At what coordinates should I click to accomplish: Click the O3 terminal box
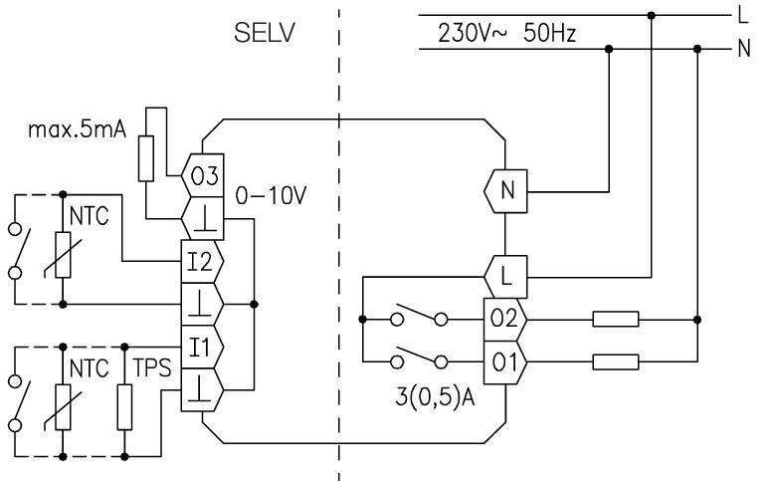coord(203,175)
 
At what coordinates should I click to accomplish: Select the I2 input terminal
coord(202,262)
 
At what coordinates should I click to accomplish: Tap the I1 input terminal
coord(202,348)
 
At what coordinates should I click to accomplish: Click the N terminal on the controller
coord(505,191)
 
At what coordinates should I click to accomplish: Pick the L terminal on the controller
coord(505,277)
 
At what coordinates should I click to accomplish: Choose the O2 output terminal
coord(505,320)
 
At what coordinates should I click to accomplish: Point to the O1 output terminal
coord(505,362)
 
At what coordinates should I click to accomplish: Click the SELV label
coord(265,33)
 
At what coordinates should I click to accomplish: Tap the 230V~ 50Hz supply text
coord(506,33)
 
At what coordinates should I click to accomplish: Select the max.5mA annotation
coord(78,129)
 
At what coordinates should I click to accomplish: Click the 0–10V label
coord(271,196)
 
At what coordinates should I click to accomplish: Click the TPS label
coord(152,368)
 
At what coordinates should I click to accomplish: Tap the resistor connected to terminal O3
coord(146,158)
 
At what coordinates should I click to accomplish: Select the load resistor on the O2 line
coord(616,320)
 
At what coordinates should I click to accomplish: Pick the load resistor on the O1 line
coord(616,362)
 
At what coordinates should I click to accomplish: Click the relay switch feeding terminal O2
coord(419,316)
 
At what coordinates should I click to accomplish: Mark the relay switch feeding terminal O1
coord(419,359)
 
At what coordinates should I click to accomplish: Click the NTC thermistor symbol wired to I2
coord(63,255)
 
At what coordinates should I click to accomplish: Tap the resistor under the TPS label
coord(124,407)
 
